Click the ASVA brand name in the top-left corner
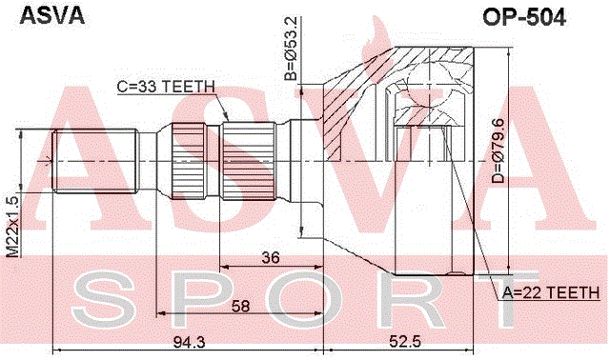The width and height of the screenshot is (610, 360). click(x=51, y=16)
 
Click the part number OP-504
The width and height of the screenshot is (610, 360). click(x=524, y=17)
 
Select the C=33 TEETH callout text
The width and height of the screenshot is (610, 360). click(x=166, y=87)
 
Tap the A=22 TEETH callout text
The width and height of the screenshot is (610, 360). click(x=551, y=292)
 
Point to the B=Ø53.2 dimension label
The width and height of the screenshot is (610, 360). click(x=291, y=49)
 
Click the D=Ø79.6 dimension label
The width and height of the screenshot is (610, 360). click(x=498, y=150)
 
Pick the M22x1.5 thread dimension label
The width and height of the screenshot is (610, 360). click(x=12, y=227)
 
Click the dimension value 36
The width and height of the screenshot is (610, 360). click(x=271, y=257)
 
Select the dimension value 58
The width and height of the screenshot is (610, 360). click(x=240, y=306)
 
